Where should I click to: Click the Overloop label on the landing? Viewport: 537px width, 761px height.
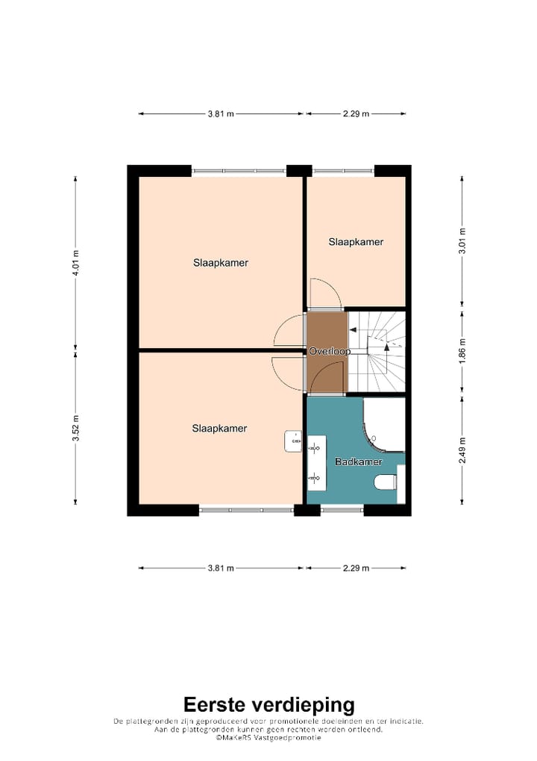330,350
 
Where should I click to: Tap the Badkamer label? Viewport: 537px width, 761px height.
358,462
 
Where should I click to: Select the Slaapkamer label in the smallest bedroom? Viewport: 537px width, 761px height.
356,242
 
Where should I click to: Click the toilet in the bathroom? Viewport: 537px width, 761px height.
386,482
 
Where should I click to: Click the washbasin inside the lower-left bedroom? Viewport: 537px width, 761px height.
293,442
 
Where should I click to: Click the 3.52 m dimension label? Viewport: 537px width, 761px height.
75,429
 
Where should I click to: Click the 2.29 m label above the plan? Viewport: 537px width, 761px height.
356,114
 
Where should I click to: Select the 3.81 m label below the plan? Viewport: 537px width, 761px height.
221,568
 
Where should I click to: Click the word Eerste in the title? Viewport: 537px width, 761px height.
216,704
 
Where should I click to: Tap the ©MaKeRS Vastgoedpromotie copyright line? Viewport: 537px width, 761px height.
268,737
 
